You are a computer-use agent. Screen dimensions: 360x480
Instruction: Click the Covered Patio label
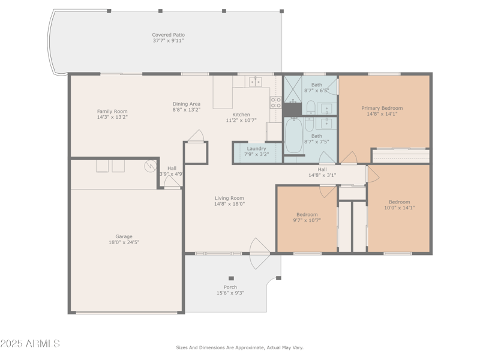coord(168,35)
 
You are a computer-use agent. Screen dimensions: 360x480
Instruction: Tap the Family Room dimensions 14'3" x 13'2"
coord(112,117)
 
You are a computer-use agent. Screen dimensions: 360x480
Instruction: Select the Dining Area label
coord(187,104)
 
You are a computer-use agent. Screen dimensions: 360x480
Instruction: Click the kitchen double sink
coord(256,82)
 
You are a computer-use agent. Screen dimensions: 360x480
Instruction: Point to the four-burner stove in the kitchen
coord(275,103)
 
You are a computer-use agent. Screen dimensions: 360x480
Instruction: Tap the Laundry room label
coord(256,148)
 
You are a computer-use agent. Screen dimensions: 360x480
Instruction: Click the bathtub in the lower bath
coord(294,136)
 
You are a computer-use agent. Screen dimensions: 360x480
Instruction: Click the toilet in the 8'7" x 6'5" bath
coord(311,107)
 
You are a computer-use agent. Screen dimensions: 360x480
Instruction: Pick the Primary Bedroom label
coord(382,108)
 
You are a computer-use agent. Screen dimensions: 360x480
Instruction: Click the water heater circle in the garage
coord(149,166)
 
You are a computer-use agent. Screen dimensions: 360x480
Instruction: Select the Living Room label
coord(229,198)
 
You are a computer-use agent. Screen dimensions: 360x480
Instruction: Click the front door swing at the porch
coord(259,254)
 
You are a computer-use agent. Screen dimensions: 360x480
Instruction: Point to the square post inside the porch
coord(231,278)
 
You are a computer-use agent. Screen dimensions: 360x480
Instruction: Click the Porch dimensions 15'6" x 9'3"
coord(230,293)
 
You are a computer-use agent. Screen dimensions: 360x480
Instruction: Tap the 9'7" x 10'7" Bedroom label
coord(307,214)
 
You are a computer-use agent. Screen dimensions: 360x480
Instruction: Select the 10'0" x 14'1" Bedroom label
coord(399,202)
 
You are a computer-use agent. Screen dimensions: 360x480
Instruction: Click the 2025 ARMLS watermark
coord(30,344)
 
